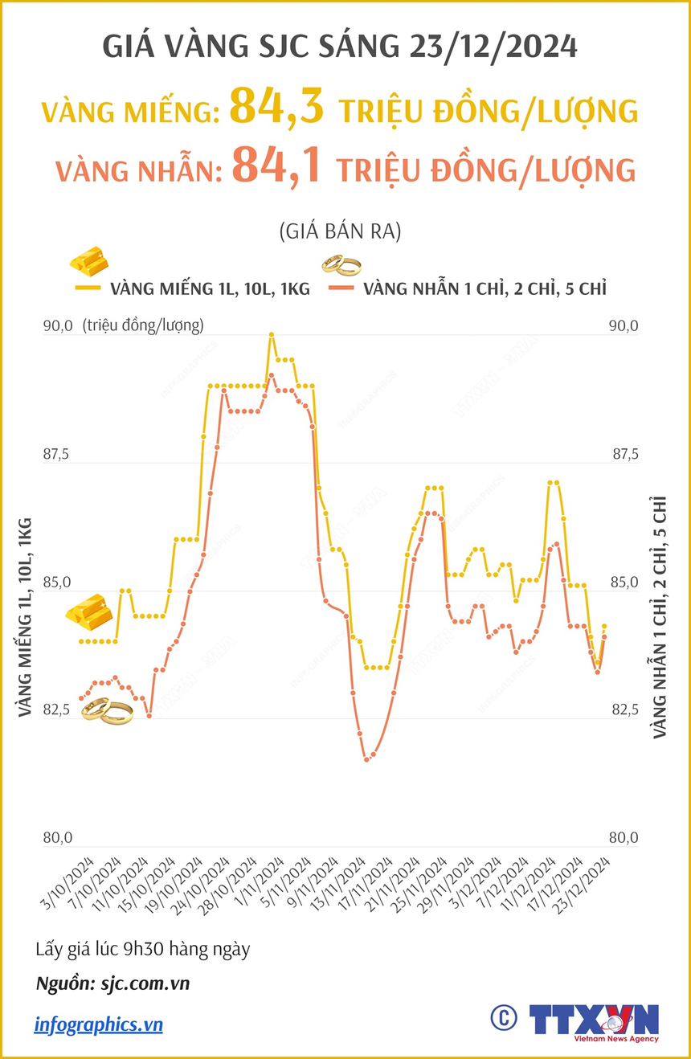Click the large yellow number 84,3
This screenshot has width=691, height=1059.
(276, 107)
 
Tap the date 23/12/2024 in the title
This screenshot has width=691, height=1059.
(493, 47)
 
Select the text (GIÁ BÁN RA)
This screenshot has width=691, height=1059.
(340, 232)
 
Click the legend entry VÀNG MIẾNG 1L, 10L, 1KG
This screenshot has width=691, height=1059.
(210, 289)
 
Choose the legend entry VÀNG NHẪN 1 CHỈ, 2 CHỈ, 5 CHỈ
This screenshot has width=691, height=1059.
(485, 289)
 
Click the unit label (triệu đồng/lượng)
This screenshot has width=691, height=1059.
(142, 325)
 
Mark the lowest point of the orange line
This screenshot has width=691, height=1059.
(366, 758)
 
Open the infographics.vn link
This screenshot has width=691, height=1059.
(98, 1024)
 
